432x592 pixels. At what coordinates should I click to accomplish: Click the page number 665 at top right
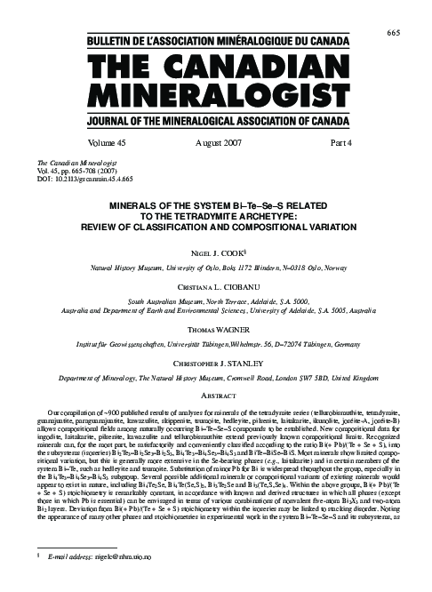(394, 8)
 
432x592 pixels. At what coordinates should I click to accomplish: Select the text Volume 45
(107, 141)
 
